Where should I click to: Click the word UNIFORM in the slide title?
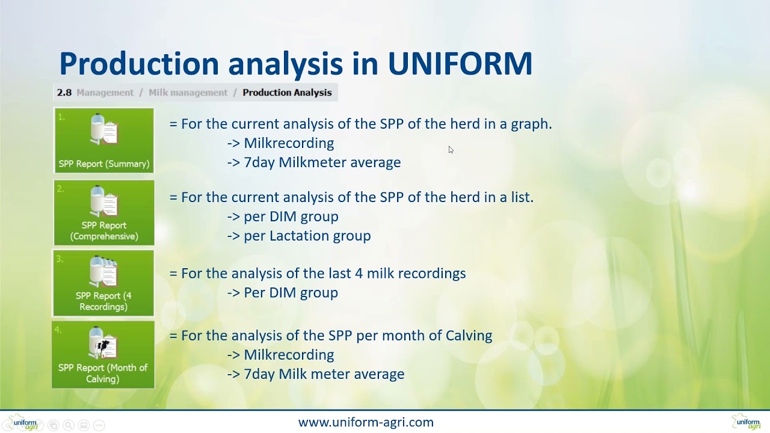tap(460, 64)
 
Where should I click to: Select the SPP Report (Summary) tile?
tap(104, 141)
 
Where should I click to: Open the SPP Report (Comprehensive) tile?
tap(104, 212)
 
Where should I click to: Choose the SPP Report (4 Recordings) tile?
tap(103, 283)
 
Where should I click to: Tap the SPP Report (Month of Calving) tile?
tap(103, 355)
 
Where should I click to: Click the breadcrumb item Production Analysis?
tap(287, 93)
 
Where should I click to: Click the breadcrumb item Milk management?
tap(188, 93)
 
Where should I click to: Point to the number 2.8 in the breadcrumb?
tap(64, 93)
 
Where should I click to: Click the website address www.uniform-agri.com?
tap(366, 422)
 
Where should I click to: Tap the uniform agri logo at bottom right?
tap(746, 422)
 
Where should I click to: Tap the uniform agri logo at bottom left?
tap(24, 422)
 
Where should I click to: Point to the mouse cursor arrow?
tap(450, 149)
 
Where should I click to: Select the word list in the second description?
tap(523, 197)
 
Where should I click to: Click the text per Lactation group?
tap(307, 236)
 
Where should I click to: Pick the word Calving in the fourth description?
tap(469, 336)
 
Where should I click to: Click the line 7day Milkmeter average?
tap(322, 162)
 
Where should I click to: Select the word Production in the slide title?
tap(139, 64)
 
